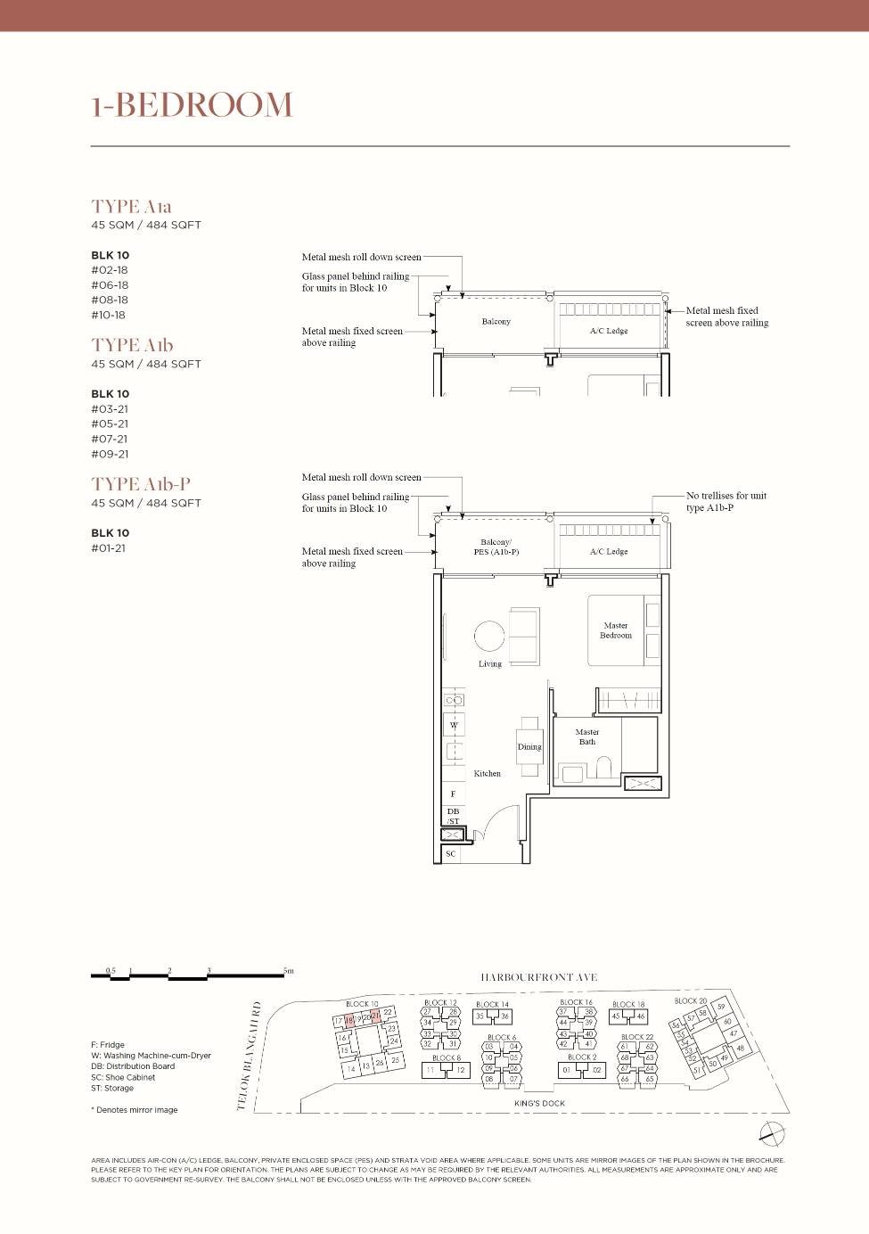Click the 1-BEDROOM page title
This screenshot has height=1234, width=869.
point(192,105)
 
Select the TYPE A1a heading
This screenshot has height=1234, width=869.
point(131,206)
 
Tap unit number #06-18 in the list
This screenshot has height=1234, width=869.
point(110,285)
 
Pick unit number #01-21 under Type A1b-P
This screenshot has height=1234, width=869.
point(109,548)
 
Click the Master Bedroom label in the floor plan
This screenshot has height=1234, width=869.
point(615,630)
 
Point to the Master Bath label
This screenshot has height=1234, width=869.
point(586,736)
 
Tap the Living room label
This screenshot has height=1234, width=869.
point(489,664)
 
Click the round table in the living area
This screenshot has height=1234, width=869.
point(489,636)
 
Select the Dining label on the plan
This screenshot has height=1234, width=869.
point(529,747)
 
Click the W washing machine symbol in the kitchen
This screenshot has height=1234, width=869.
point(454,725)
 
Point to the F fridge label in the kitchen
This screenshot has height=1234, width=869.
point(453,794)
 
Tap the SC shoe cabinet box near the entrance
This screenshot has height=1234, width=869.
point(451,854)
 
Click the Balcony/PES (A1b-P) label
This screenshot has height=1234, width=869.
point(496,547)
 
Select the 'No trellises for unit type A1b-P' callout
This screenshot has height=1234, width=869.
point(726,501)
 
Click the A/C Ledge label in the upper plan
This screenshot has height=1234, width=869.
point(609,331)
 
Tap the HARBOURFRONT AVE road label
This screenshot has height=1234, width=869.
point(538,977)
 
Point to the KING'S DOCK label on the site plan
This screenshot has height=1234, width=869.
point(539,1103)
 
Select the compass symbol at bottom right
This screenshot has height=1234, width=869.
point(772,1132)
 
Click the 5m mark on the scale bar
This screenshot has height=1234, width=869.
point(288,971)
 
